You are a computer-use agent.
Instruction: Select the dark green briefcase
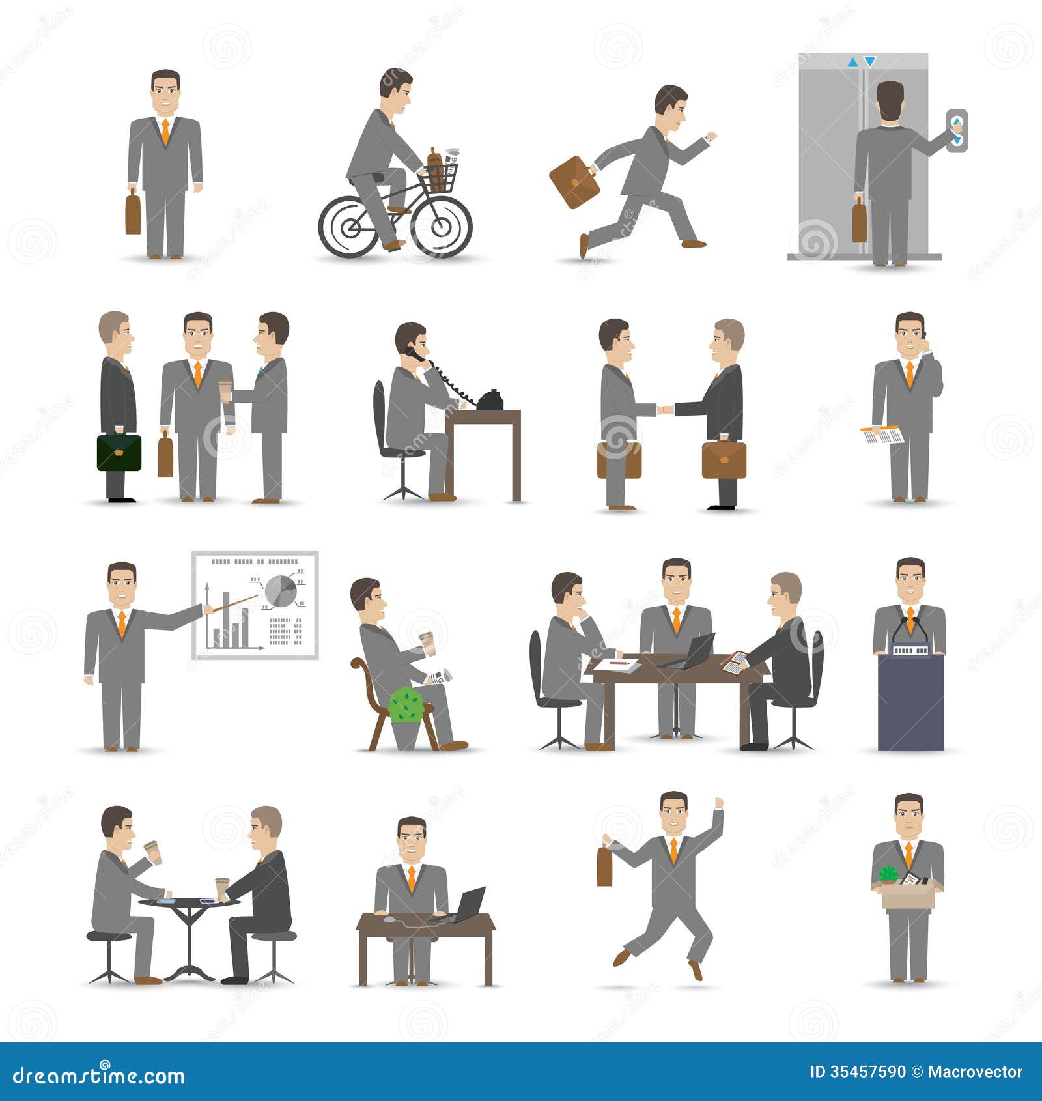119,453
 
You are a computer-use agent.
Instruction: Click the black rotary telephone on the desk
490,401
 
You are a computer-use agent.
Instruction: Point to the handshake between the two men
665,410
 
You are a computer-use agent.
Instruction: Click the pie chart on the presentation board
281,591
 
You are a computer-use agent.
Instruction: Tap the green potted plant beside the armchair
406,705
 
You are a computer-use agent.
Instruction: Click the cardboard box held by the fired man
907,896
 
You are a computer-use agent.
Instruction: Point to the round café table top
189,902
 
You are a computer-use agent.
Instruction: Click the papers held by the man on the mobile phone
882,435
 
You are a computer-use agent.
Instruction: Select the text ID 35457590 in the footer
857,1072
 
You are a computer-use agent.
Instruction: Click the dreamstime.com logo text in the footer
98,1075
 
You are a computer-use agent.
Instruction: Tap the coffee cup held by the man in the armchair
427,643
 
